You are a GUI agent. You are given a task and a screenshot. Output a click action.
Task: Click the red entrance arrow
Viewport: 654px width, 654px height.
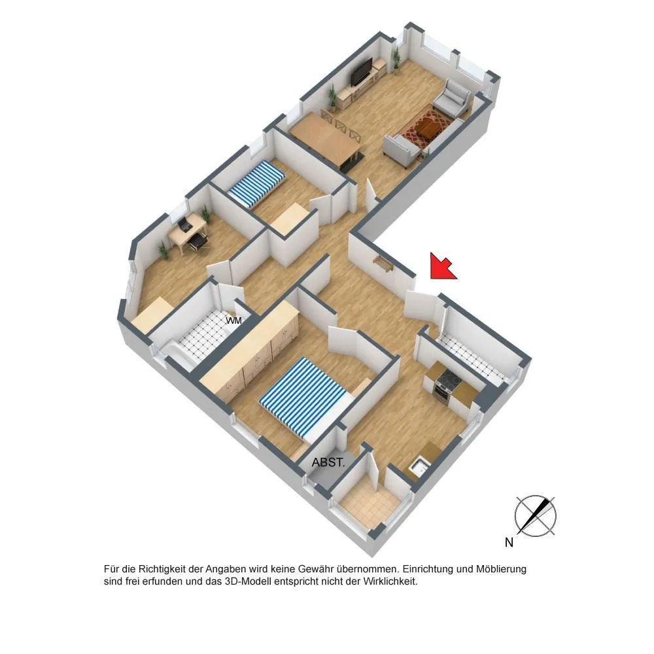(x=442, y=266)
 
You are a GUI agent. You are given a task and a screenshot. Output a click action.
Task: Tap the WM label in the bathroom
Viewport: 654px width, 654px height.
(x=233, y=320)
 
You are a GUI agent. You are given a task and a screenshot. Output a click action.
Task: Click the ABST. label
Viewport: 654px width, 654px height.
(x=328, y=462)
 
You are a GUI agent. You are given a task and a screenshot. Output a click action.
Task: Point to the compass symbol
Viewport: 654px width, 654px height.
(x=536, y=515)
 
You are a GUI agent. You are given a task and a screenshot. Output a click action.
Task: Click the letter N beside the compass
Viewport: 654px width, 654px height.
(x=509, y=542)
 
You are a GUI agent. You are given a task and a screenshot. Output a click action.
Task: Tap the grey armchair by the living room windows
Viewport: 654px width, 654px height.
(x=453, y=99)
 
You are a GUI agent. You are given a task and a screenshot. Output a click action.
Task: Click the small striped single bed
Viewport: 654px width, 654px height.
(x=256, y=185)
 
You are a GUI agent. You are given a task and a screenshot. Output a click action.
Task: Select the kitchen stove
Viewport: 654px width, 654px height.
(x=445, y=385)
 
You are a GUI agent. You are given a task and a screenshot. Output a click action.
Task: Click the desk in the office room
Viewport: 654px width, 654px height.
(x=187, y=231)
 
